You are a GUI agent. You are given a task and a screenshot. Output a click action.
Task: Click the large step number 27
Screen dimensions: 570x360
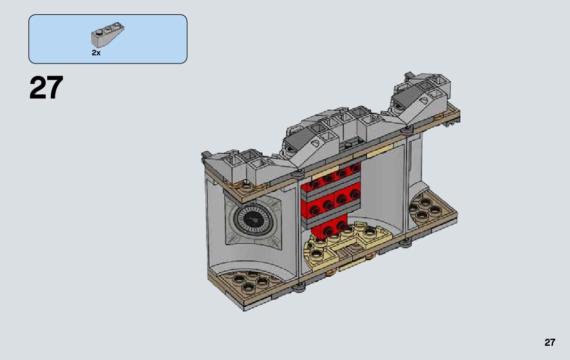(x=46, y=88)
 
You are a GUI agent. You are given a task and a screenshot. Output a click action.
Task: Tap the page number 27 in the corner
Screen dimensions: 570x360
(x=550, y=342)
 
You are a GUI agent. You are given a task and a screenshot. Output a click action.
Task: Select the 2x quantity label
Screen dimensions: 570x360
(x=96, y=53)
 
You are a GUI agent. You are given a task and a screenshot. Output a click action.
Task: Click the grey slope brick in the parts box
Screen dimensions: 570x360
(x=107, y=35)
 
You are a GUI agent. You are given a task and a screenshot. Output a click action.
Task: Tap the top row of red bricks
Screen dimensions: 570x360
(x=331, y=177)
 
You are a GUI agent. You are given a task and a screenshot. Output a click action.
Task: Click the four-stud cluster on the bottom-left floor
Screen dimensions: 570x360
(x=249, y=281)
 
